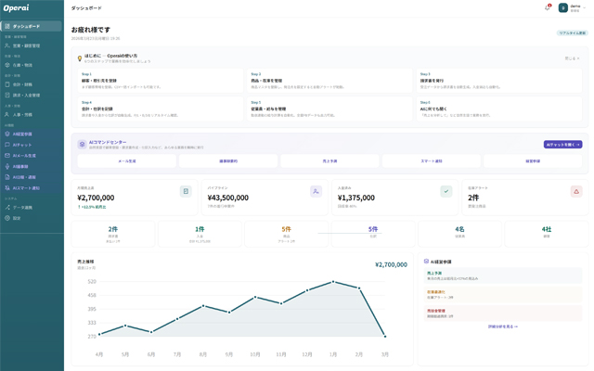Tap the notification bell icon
547,7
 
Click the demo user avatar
562,7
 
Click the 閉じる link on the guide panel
572,58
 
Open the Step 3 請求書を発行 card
500,81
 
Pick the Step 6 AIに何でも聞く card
500,109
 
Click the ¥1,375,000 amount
338,198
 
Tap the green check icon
445,191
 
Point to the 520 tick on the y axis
93,281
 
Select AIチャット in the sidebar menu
23,145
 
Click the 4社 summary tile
547,234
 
